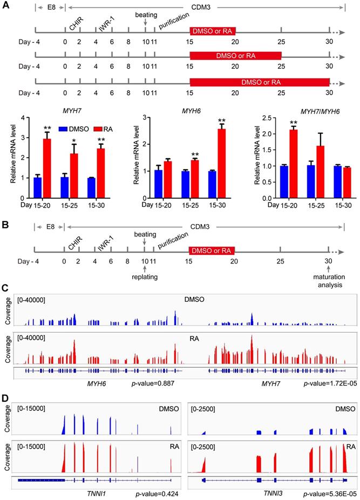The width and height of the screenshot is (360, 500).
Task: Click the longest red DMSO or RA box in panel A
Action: [x=260, y=82]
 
